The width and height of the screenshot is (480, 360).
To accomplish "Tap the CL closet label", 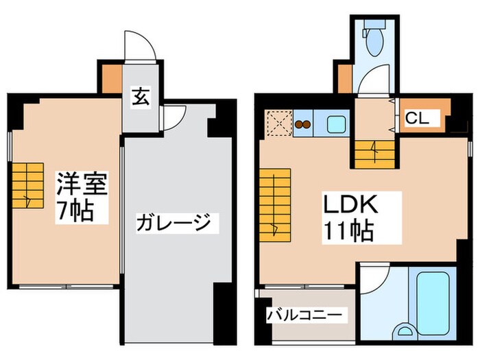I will (x=417, y=118).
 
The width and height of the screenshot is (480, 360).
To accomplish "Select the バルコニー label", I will (x=306, y=315).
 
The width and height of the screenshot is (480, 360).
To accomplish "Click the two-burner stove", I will (x=303, y=125).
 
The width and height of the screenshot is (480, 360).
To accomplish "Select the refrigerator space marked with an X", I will (x=278, y=124).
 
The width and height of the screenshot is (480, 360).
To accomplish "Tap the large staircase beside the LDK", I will (x=274, y=204).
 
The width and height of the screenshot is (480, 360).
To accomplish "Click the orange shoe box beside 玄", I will (x=110, y=80).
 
